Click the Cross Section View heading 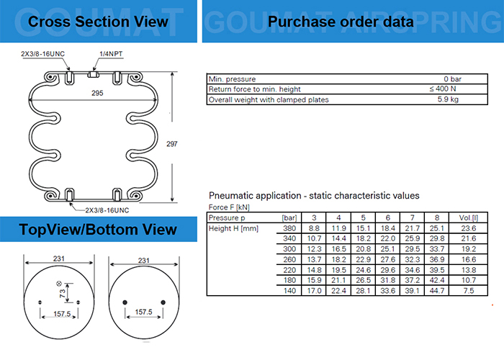[98, 21]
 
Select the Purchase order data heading [341, 21]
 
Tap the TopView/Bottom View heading [98, 230]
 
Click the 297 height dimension [192, 143]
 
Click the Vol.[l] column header [468, 217]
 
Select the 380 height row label [289, 228]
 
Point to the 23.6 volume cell [468, 228]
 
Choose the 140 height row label [289, 290]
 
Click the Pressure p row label [227, 217]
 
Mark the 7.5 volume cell [468, 290]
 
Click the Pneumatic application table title [314, 196]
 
